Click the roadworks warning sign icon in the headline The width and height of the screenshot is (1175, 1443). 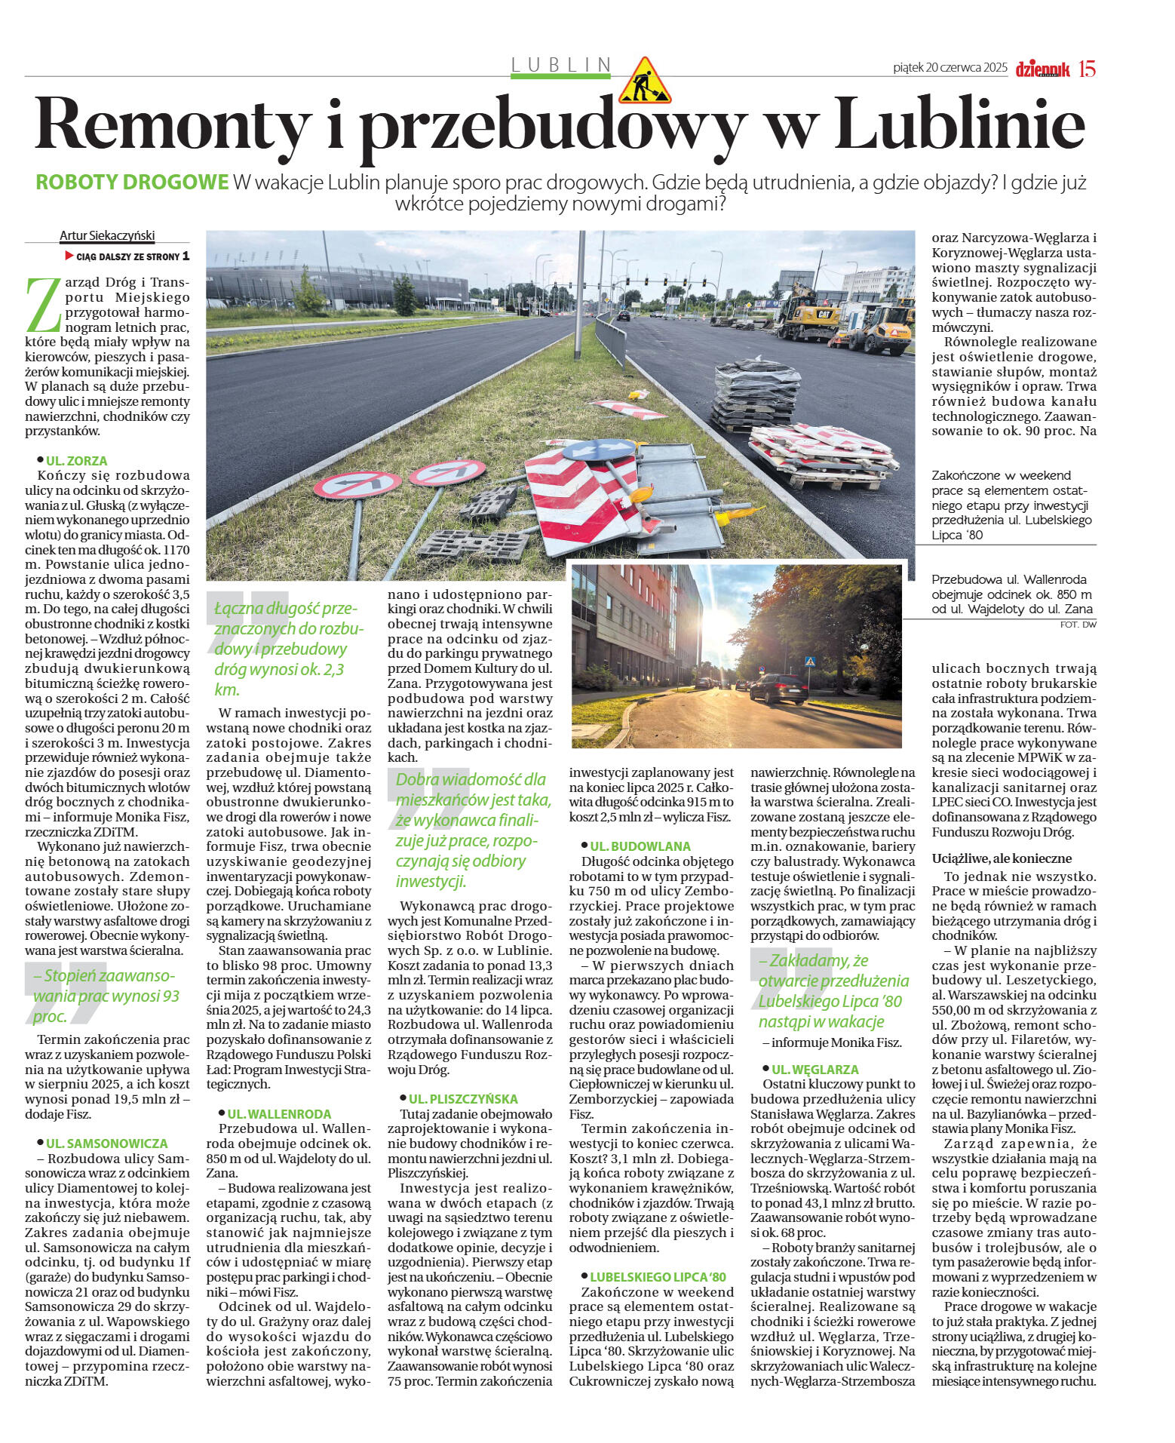(x=643, y=81)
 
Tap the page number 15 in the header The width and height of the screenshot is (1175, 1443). (x=1086, y=69)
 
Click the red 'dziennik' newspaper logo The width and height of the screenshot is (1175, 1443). (x=1042, y=69)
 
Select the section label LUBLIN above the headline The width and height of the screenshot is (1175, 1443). (x=560, y=65)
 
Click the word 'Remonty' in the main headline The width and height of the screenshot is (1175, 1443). (x=173, y=125)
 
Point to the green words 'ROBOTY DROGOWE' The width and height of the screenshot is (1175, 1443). (x=132, y=183)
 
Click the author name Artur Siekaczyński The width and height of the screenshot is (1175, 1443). (x=107, y=235)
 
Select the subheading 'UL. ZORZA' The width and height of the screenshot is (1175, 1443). (x=76, y=460)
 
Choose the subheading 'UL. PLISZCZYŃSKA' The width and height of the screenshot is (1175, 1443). (x=463, y=1099)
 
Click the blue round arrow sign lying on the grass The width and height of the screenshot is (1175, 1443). (x=598, y=450)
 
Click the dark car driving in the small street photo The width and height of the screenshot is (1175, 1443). (x=778, y=688)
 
